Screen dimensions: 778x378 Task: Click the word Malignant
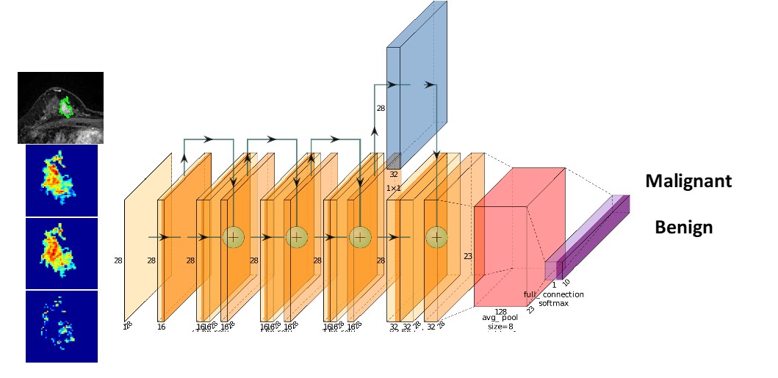coord(688,181)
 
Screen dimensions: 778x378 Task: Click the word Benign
coord(683,227)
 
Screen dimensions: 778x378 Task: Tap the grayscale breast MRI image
coord(60,107)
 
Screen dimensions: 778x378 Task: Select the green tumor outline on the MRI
coord(65,107)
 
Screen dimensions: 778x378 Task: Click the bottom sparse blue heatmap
coord(61,326)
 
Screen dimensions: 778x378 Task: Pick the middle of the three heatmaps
coord(61,253)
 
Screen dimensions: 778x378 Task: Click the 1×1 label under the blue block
coord(393,188)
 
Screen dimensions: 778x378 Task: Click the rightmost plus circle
coord(436,236)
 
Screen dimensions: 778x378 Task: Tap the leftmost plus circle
coord(233,236)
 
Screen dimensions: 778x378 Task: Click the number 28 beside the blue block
coord(381,108)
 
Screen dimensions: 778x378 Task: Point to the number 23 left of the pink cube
coord(468,256)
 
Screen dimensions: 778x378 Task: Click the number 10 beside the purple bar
coord(566,282)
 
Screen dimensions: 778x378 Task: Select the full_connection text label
coord(553,294)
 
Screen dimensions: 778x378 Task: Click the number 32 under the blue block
coord(394,175)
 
